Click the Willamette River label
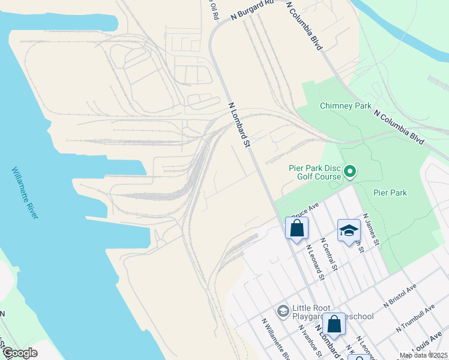point(25,193)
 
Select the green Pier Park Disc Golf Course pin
point(350,173)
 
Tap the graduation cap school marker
point(349,230)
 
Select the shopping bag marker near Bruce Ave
point(297,228)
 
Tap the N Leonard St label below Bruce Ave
point(315,262)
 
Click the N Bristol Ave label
point(402,295)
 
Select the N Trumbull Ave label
point(415,319)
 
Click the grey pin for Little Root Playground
point(283,311)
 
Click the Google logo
point(20,353)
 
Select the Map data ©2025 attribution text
point(423,355)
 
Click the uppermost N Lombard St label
point(238,124)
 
